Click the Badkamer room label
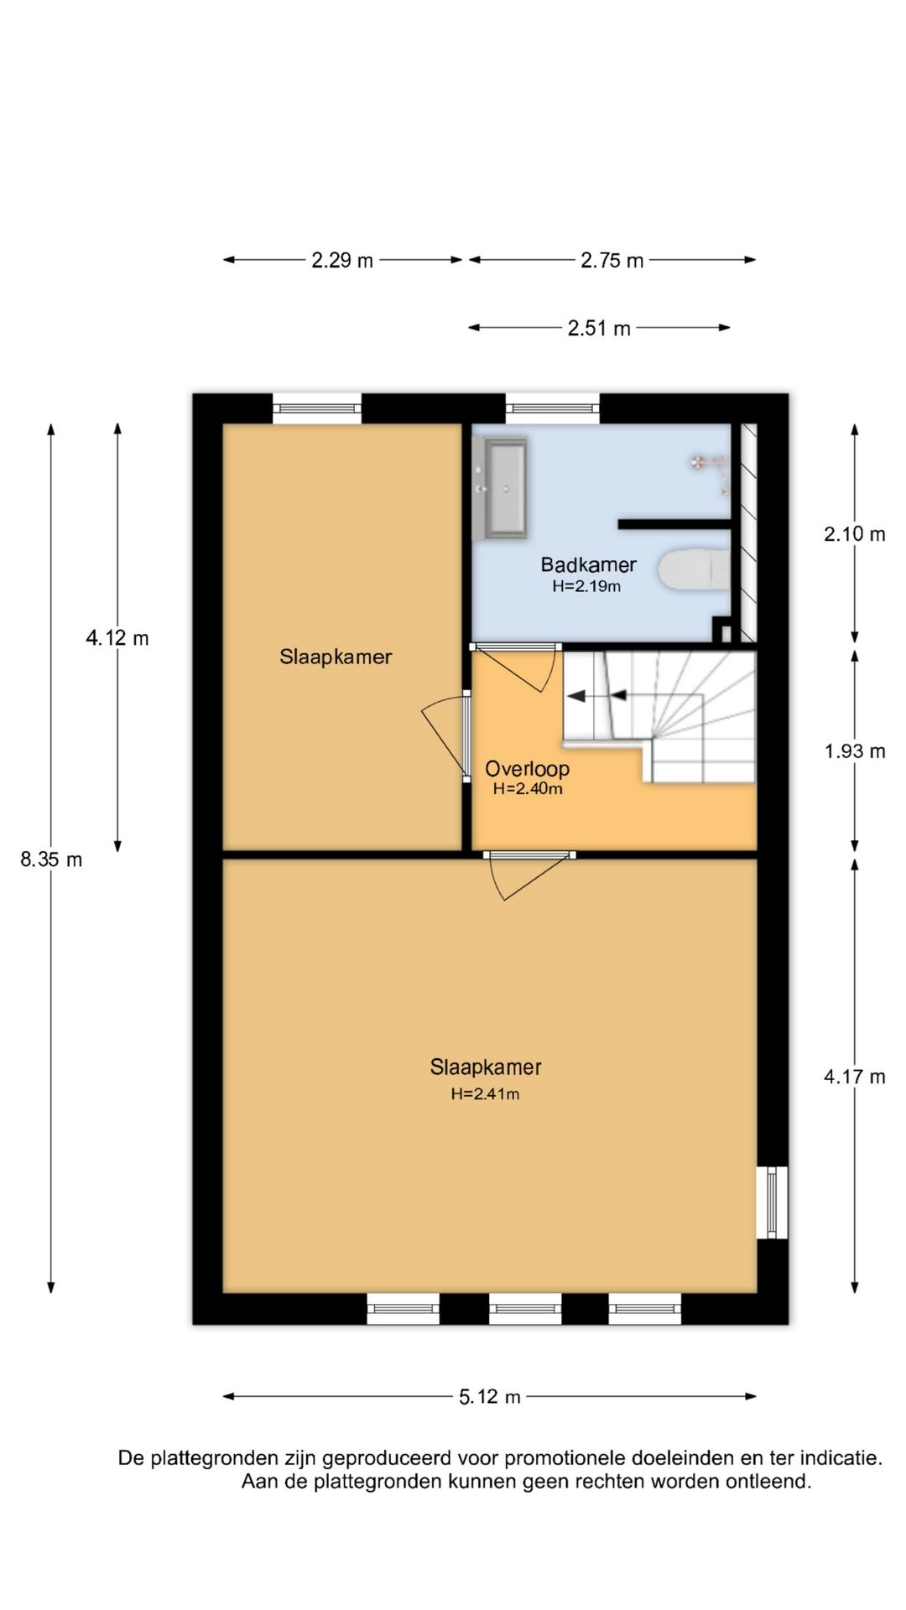pyautogui.click(x=588, y=564)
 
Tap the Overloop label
pyautogui.click(x=527, y=768)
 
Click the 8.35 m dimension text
pyautogui.click(x=51, y=860)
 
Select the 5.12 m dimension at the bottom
pyautogui.click(x=490, y=1396)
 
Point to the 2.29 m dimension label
pyautogui.click(x=342, y=260)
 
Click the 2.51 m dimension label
pyautogui.click(x=599, y=328)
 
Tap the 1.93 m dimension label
pyautogui.click(x=855, y=751)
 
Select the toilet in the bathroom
pyautogui.click(x=695, y=570)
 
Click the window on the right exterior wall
pyautogui.click(x=772, y=1202)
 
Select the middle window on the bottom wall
pyautogui.click(x=525, y=1308)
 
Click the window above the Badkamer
pyautogui.click(x=553, y=408)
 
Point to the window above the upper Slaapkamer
pyautogui.click(x=317, y=408)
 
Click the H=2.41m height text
pyautogui.click(x=485, y=1093)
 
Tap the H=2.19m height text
pyautogui.click(x=586, y=586)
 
